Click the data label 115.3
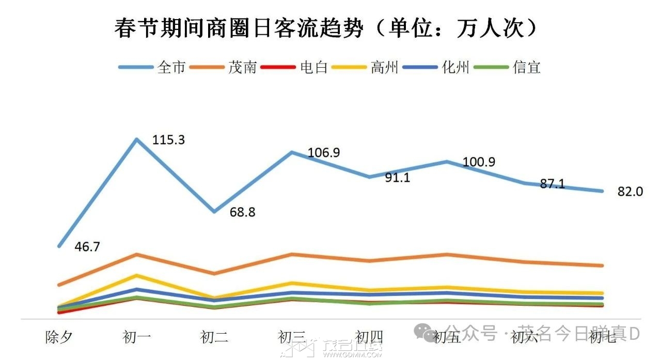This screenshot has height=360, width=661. [x=168, y=140]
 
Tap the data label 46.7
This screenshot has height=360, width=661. [x=87, y=247]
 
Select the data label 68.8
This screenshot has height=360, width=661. [x=242, y=212]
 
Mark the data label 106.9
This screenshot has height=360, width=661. [x=324, y=153]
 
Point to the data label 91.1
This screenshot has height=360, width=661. [x=398, y=178]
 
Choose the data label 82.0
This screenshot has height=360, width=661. [x=630, y=192]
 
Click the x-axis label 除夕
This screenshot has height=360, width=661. [x=58, y=338]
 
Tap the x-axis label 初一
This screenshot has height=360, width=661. [x=137, y=338]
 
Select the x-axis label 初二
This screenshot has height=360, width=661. [x=214, y=338]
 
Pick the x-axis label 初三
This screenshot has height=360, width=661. [x=292, y=338]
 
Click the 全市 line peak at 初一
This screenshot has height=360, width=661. [x=136, y=139]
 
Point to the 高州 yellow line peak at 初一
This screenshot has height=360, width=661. [x=136, y=275]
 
